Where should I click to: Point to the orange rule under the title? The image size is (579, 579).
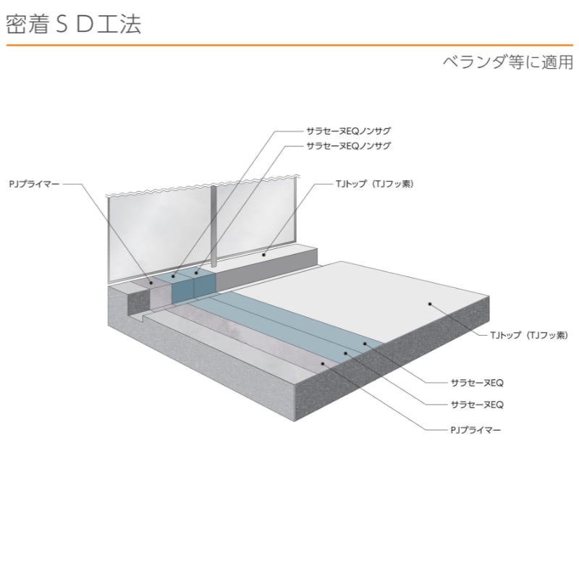click(289, 46)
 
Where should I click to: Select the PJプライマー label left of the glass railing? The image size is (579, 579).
click(35, 185)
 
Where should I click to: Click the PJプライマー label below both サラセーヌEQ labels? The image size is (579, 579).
click(476, 429)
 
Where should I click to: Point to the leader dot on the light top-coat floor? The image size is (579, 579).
click(429, 305)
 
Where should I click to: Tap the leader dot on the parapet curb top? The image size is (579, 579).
click(264, 255)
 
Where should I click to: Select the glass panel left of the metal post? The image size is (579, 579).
click(159, 232)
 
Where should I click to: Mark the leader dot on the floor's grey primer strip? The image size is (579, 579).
click(323, 363)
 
